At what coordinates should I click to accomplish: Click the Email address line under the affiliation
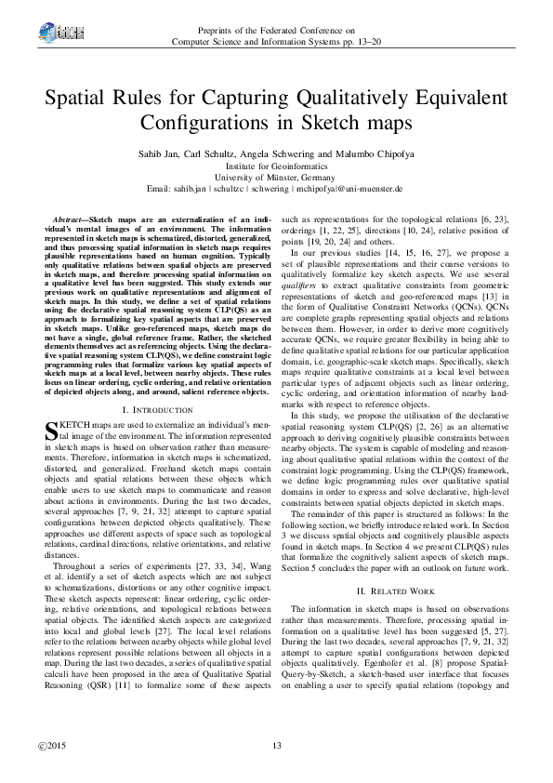tap(275, 187)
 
